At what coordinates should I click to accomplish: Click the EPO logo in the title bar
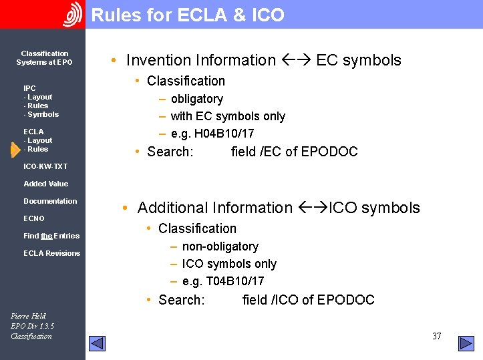click(72, 15)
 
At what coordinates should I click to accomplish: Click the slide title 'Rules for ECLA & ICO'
click(188, 15)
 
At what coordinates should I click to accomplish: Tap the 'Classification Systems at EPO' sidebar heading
click(44, 58)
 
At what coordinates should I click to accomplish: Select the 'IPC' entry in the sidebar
click(29, 88)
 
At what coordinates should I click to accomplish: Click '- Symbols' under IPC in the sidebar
click(41, 114)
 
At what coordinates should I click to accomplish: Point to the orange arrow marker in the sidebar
click(15, 150)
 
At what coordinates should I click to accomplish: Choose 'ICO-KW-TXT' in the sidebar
click(45, 166)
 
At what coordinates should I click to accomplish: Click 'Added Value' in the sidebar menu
click(45, 184)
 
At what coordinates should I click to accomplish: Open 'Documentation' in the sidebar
click(50, 201)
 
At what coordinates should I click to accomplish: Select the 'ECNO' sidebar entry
click(34, 218)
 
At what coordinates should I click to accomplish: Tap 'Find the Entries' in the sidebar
click(51, 236)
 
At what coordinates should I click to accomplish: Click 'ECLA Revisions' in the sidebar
click(51, 253)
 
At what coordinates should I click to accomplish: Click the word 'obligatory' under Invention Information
click(196, 99)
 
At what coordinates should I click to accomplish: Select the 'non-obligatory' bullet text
click(220, 246)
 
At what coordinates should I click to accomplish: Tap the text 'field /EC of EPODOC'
click(294, 152)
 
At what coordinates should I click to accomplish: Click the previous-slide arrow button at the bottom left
click(98, 343)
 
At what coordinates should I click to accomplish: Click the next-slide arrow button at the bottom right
click(466, 343)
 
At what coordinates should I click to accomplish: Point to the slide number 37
click(436, 336)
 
